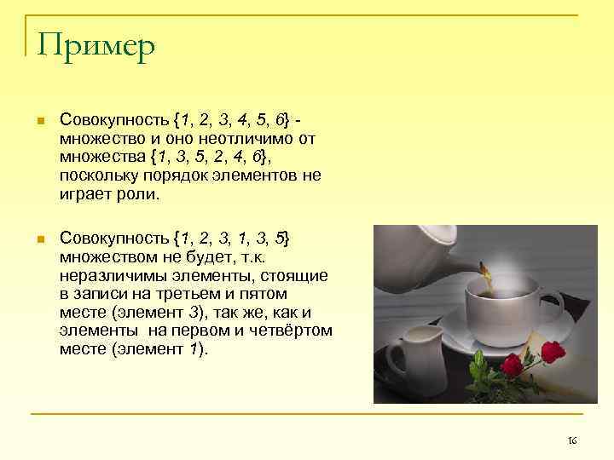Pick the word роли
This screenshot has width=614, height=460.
coord(142,194)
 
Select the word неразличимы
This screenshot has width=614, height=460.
coord(107,276)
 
